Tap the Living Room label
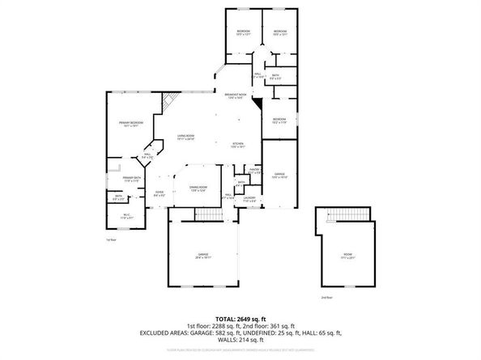(x=185, y=138)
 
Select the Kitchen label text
(x=237, y=145)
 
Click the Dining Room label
(x=198, y=188)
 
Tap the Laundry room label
(x=249, y=200)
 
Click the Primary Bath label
(x=132, y=178)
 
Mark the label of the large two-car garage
(x=202, y=256)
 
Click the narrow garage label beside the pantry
(x=279, y=174)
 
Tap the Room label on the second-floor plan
(x=347, y=256)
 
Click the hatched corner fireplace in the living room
(x=168, y=103)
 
